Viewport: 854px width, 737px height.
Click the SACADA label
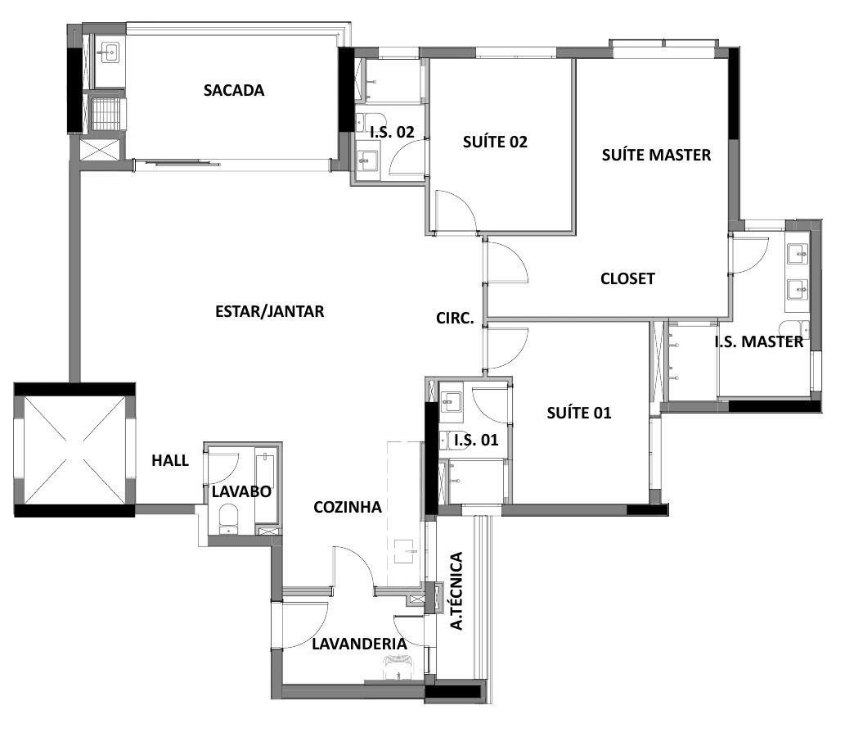[234, 90]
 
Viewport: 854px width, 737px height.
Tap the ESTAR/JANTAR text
[270, 311]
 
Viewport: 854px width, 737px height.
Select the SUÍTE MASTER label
[656, 155]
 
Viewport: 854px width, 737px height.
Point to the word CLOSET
[627, 278]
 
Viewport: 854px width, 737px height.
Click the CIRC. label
[455, 319]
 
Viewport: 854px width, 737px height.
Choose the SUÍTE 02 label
[495, 142]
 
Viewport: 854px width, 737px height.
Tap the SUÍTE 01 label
[579, 413]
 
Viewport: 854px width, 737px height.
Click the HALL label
[170, 460]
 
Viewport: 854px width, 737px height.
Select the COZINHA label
[348, 507]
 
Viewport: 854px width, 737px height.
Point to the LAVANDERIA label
[359, 644]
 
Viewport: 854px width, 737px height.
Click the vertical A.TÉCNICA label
[456, 591]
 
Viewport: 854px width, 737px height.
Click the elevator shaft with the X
[74, 450]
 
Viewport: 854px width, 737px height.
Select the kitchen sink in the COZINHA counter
[405, 552]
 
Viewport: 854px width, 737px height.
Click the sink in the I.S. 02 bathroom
[367, 161]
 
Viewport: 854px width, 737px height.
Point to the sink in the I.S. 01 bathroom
[451, 401]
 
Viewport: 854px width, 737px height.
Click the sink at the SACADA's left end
[110, 53]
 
